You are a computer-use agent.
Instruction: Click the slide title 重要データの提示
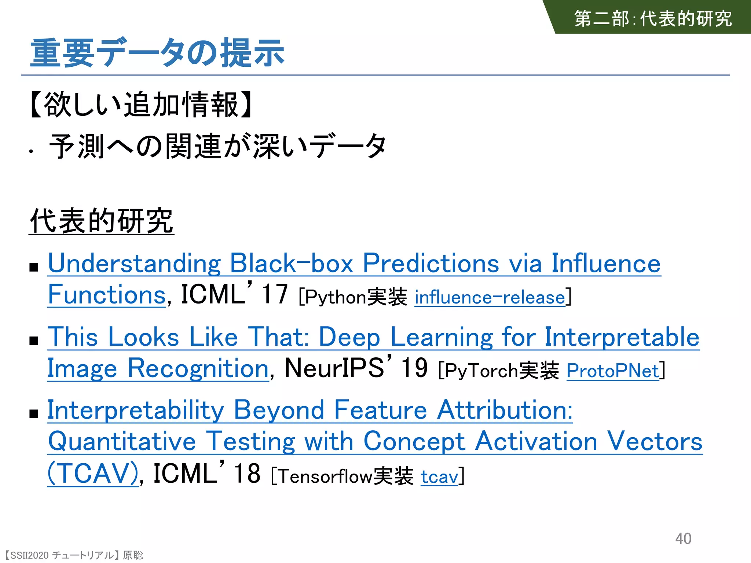pyautogui.click(x=157, y=53)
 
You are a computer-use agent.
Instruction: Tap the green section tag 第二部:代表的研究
pyautogui.click(x=653, y=18)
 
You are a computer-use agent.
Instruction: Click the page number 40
pyautogui.click(x=683, y=538)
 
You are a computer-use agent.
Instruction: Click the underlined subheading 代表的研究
pyautogui.click(x=101, y=221)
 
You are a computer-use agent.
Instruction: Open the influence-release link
pyautogui.click(x=490, y=297)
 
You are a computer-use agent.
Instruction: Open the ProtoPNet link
pyautogui.click(x=613, y=371)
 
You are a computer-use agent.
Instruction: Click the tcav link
pyautogui.click(x=439, y=476)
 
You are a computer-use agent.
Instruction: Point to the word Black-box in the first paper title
pyautogui.click(x=291, y=264)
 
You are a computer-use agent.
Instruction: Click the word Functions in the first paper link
pyautogui.click(x=107, y=295)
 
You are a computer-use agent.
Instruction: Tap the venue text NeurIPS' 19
pyautogui.click(x=356, y=368)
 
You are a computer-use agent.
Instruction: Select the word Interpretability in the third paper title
pyautogui.click(x=136, y=410)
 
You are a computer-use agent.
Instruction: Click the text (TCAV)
pyautogui.click(x=93, y=473)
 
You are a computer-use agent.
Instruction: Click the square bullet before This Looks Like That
pyautogui.click(x=34, y=341)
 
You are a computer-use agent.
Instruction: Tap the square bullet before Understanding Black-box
pyautogui.click(x=34, y=267)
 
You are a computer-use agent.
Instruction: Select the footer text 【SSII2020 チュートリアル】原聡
pyautogui.click(x=74, y=555)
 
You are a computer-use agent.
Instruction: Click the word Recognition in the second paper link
pyautogui.click(x=198, y=368)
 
